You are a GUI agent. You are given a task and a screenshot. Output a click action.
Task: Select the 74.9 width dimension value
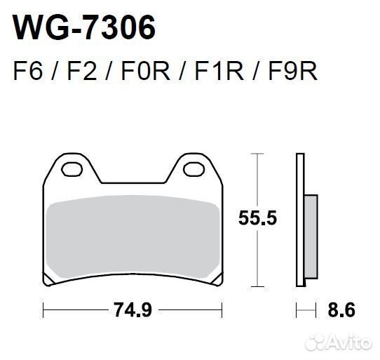pos(133,308)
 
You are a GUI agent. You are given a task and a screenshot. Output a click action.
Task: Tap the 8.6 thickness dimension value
pos(344,308)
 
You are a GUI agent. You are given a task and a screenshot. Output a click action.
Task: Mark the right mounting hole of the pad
pos(191,168)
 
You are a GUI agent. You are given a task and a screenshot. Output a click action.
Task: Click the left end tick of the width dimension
pos(43,308)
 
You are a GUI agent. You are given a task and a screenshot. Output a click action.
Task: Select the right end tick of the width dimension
pos(222,308)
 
